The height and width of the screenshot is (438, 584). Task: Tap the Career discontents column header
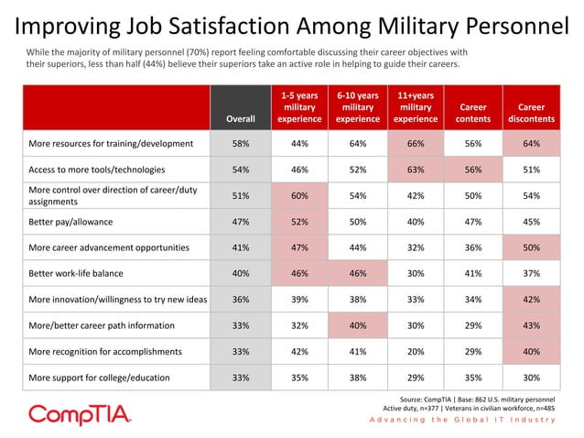point(531,113)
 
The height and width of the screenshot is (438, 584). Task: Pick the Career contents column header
point(472,113)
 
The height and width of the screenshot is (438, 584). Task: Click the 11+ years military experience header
point(415,106)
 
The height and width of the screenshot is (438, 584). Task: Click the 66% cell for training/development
point(415,144)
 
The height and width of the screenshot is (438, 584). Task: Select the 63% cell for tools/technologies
point(415,170)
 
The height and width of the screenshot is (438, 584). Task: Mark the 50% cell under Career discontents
point(531,246)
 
